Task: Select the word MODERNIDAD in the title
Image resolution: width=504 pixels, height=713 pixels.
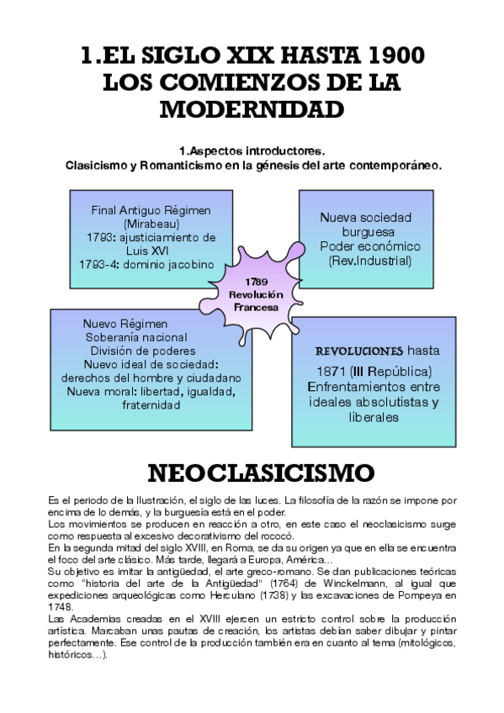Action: click(252, 111)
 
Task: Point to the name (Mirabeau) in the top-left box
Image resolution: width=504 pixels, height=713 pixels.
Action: click(151, 224)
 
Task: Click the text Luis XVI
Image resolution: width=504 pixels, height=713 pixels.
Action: click(151, 251)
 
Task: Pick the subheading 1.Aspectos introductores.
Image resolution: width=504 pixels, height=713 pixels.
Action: click(252, 151)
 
